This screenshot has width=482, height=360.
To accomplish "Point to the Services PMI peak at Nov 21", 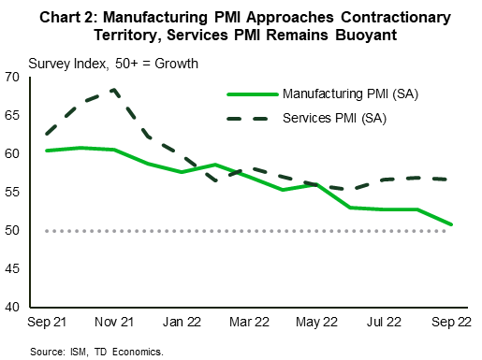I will tap(114, 90).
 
